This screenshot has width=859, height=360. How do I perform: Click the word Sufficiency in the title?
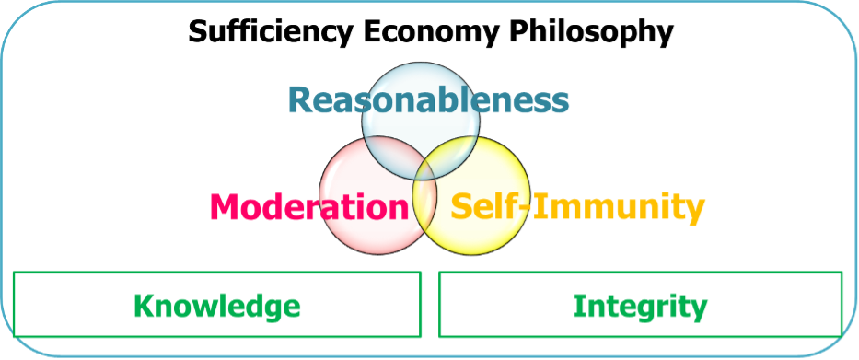click(271, 33)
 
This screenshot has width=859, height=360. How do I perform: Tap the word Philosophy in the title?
click(590, 33)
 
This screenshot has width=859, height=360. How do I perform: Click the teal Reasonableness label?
click(428, 100)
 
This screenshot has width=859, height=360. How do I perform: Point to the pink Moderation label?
click(310, 206)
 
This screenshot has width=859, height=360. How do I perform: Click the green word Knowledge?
click(217, 306)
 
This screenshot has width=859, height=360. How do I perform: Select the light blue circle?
click(421, 121)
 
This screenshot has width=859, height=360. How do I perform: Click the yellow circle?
click(471, 195)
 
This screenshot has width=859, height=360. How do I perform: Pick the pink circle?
click(378, 195)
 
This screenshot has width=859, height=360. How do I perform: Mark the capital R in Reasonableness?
click(300, 100)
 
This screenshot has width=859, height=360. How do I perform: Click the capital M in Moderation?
click(226, 207)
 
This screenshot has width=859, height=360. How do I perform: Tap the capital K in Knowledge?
click(145, 306)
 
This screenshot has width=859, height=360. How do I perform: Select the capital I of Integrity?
click(578, 306)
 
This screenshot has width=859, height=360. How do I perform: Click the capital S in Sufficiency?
click(198, 33)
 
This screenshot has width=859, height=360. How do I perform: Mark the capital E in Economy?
click(371, 33)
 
